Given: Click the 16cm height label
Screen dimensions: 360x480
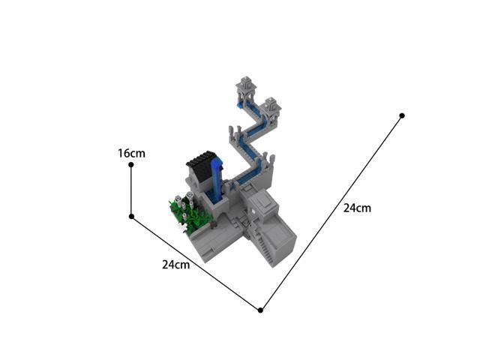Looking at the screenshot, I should pyautogui.click(x=131, y=153).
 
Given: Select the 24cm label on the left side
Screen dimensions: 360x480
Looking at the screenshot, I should pyautogui.click(x=175, y=264).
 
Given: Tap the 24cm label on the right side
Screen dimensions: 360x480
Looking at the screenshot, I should pyautogui.click(x=357, y=208).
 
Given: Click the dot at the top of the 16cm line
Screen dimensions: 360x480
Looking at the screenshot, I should pyautogui.click(x=131, y=165).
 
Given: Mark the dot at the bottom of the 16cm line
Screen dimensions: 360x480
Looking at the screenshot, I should pyautogui.click(x=131, y=217).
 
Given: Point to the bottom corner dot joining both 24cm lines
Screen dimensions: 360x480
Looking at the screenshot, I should pyautogui.click(x=260, y=310).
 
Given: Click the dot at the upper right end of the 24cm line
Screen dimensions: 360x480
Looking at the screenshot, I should pyautogui.click(x=402, y=115).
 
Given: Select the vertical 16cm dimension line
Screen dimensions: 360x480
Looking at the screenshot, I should pyautogui.click(x=131, y=191).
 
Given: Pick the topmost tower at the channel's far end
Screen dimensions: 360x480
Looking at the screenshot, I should pyautogui.click(x=245, y=90).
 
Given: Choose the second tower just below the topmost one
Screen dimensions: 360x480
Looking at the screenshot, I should pyautogui.click(x=270, y=107).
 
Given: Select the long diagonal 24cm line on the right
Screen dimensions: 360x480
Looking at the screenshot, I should pyautogui.click(x=330, y=214).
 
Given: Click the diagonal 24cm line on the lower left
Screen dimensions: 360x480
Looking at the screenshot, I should pyautogui.click(x=195, y=262).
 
